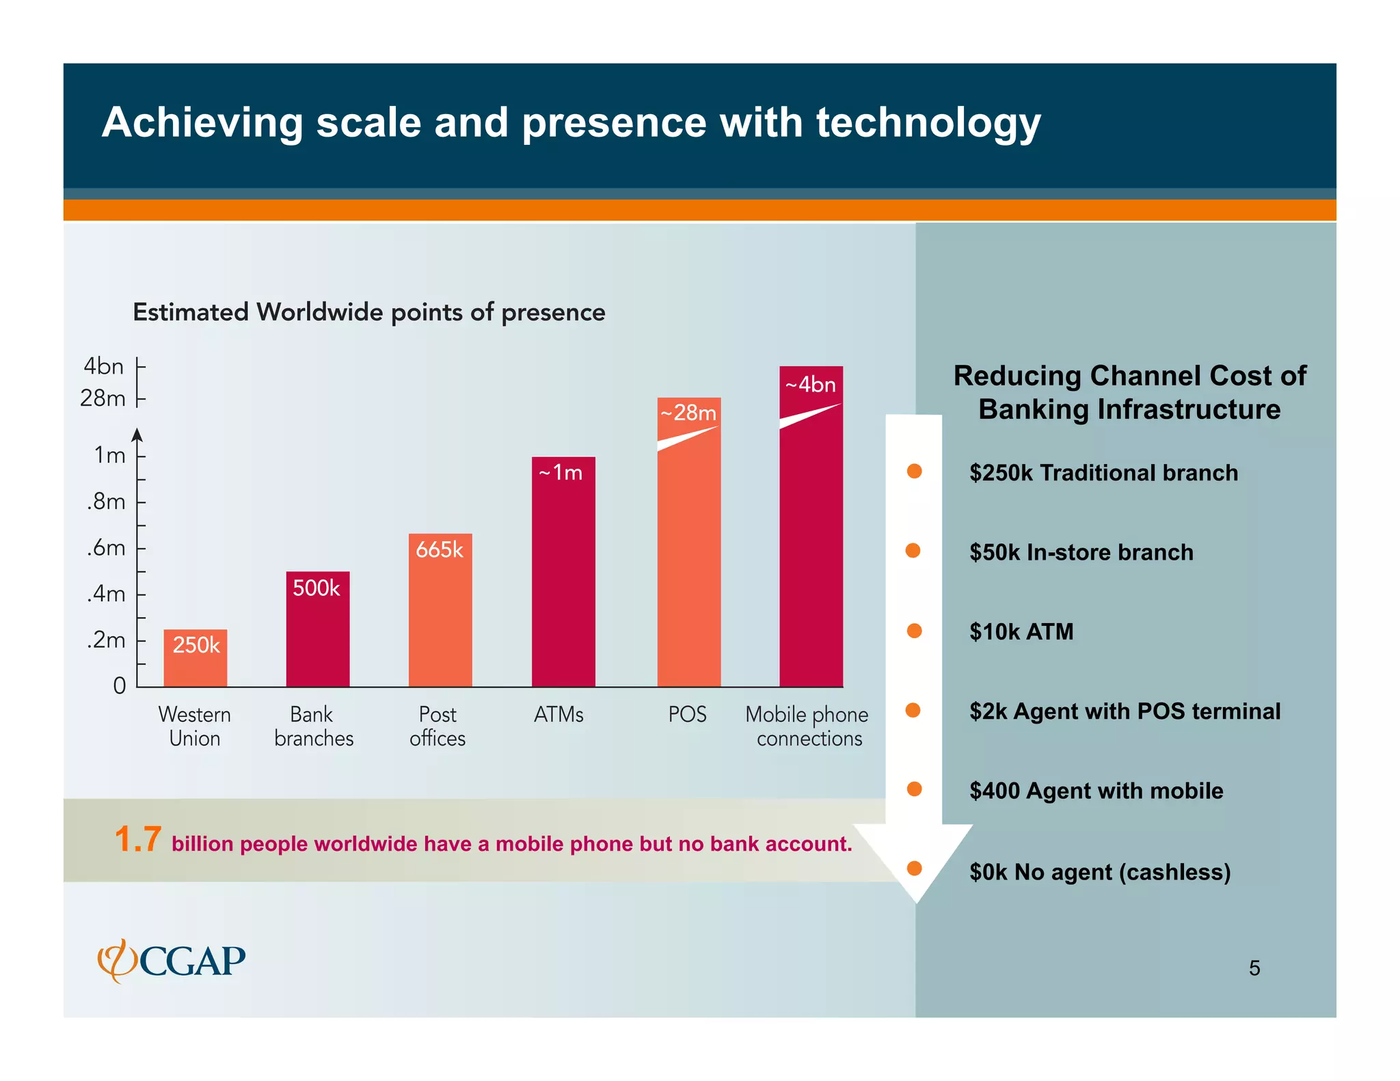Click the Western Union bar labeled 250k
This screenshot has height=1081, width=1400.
196,658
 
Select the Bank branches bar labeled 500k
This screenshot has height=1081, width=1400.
318,629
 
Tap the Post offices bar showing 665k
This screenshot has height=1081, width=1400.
440,610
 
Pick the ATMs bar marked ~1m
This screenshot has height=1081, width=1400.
563,571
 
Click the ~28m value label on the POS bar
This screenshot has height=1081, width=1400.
688,413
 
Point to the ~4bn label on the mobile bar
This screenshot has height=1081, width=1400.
811,385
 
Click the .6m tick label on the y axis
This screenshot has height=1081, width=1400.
106,548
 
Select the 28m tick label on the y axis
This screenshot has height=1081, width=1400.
103,398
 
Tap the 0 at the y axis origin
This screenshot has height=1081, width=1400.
120,685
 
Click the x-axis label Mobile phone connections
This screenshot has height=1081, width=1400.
807,726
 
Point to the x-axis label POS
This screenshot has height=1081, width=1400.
687,715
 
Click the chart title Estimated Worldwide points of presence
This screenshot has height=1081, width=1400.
369,312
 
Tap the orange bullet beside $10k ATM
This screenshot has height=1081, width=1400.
914,631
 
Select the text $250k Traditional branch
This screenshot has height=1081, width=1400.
1103,473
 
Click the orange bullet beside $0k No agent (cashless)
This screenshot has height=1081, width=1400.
914,868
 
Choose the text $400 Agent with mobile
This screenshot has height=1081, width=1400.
1096,791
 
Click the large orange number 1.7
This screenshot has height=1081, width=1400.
138,839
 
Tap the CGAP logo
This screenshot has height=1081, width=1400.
172,961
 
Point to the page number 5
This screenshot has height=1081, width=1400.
1254,968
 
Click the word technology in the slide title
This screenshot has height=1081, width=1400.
928,123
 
